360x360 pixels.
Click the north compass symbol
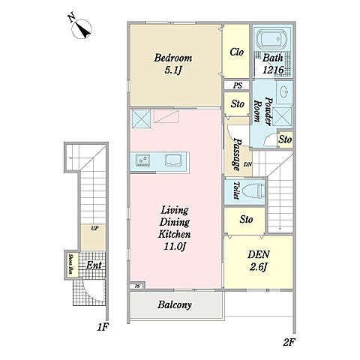pos(82,28)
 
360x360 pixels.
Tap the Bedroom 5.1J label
pos(173,64)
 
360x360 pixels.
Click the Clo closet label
pos(236,52)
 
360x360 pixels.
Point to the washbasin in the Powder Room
pos(284,92)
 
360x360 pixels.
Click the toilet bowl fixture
pos(254,190)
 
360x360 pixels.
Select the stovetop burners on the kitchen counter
pos(142,160)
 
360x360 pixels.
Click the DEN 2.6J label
pos(259,261)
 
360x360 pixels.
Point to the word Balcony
pos(175,304)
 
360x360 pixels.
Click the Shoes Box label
pos(70,264)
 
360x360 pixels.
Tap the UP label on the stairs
pos(94,228)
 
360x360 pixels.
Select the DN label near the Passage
pos(247,164)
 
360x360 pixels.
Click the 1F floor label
pos(103,327)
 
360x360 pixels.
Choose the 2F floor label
pos(289,342)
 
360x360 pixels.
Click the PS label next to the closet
pos(238,85)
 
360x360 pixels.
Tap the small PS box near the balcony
pos(137,286)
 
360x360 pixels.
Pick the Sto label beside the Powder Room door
pos(285,139)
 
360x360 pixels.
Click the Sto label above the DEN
pos(246,220)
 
